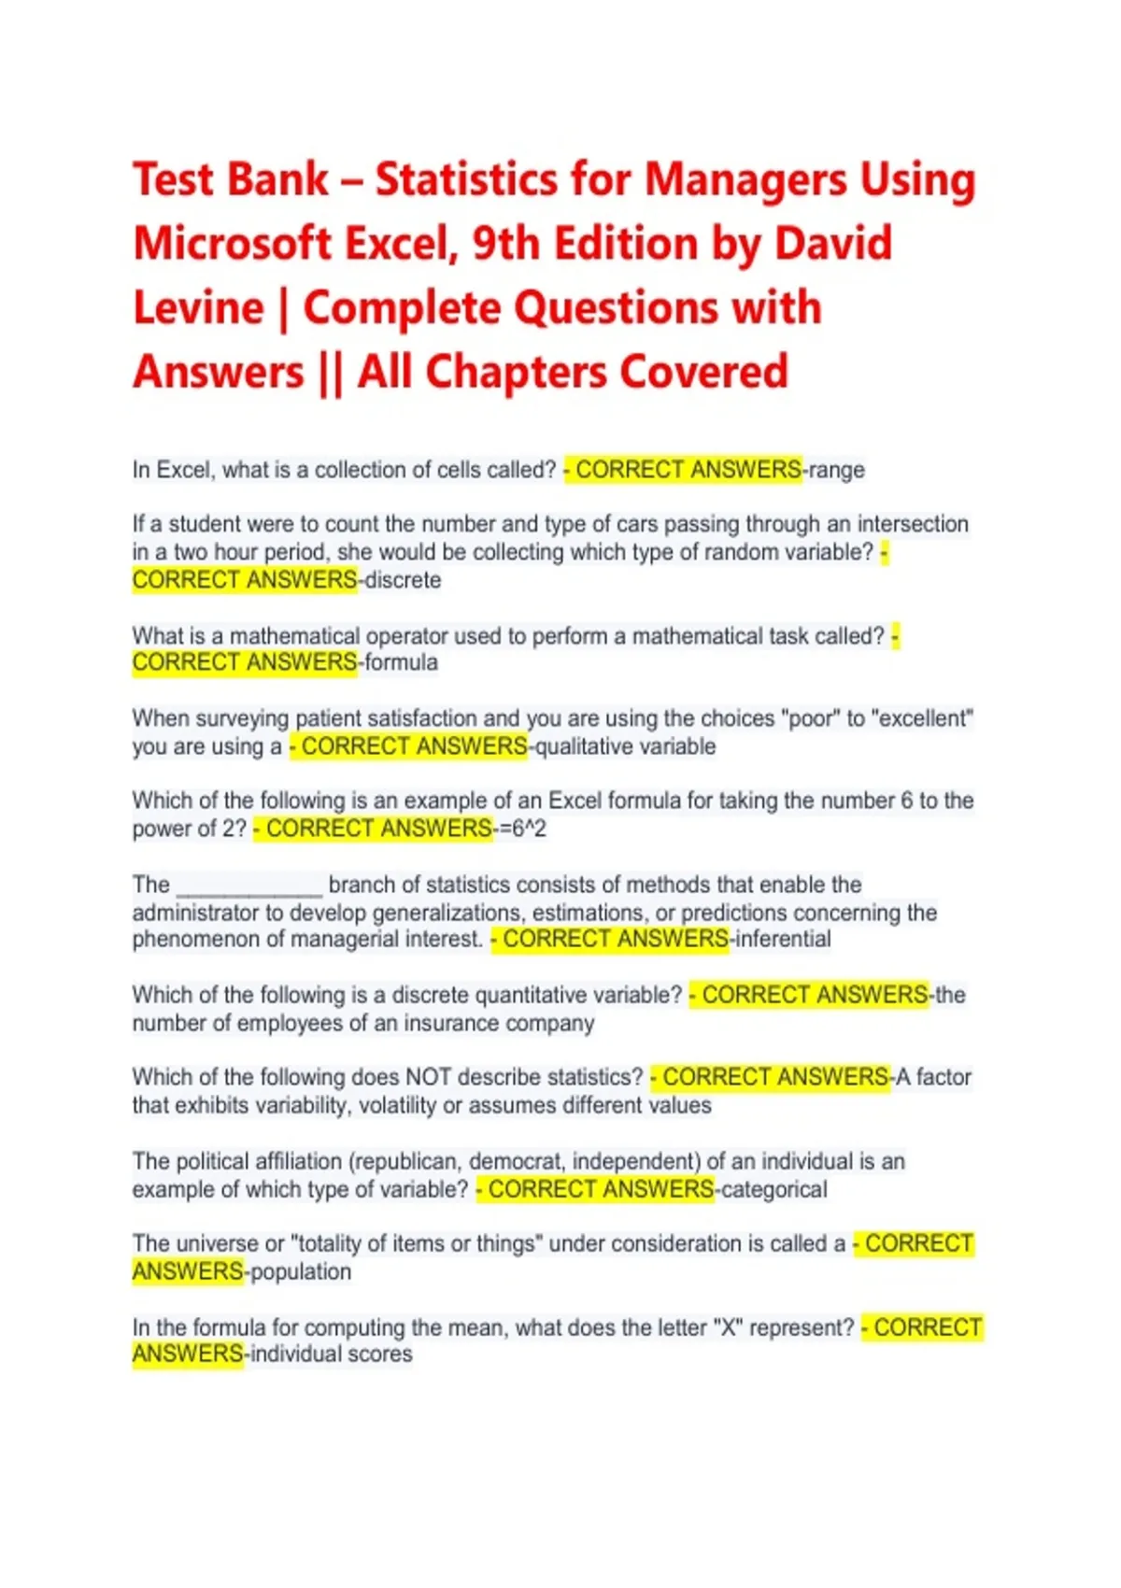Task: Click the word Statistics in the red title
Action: tap(464, 179)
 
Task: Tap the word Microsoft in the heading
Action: tap(233, 244)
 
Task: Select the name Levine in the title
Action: tap(198, 308)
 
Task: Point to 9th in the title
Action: tap(505, 244)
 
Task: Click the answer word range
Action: tap(836, 470)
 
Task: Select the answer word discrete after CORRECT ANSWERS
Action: tap(403, 580)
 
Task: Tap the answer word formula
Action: tap(401, 662)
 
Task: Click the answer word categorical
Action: tap(774, 1189)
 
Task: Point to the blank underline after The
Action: tap(249, 886)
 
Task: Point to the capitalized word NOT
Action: tap(429, 1077)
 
